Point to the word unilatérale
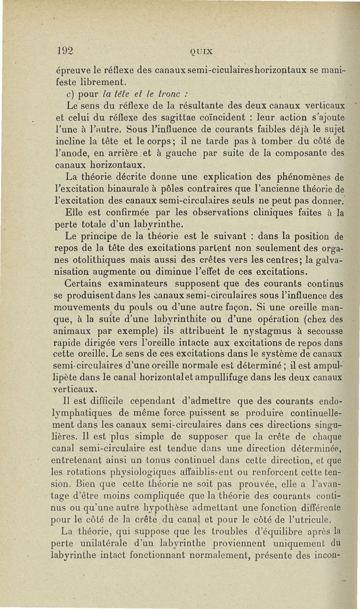(108, 543)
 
